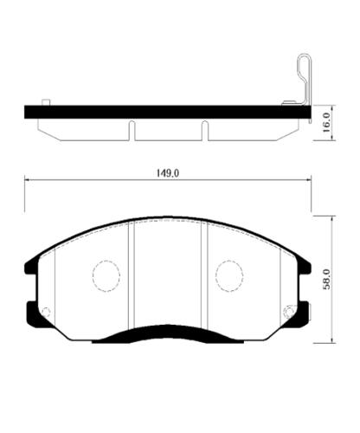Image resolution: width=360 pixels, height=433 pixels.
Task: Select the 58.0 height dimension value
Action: pyautogui.click(x=326, y=279)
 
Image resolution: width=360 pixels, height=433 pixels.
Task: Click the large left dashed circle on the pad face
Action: pyautogui.click(x=106, y=275)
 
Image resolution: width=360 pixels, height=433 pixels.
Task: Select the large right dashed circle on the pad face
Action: pyautogui.click(x=229, y=275)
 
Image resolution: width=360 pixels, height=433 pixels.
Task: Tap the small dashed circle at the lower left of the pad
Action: pyautogui.click(x=47, y=312)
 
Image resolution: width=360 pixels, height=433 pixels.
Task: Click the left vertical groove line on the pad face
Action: pyautogui.click(x=131, y=277)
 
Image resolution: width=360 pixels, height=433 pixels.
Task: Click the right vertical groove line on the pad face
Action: pyautogui.click(x=204, y=277)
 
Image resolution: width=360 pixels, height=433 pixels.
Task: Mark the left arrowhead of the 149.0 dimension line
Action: pyautogui.click(x=28, y=180)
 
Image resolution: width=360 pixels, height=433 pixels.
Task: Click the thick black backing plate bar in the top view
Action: pyautogui.click(x=164, y=112)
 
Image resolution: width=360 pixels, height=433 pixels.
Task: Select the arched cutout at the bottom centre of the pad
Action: pyautogui.click(x=167, y=333)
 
